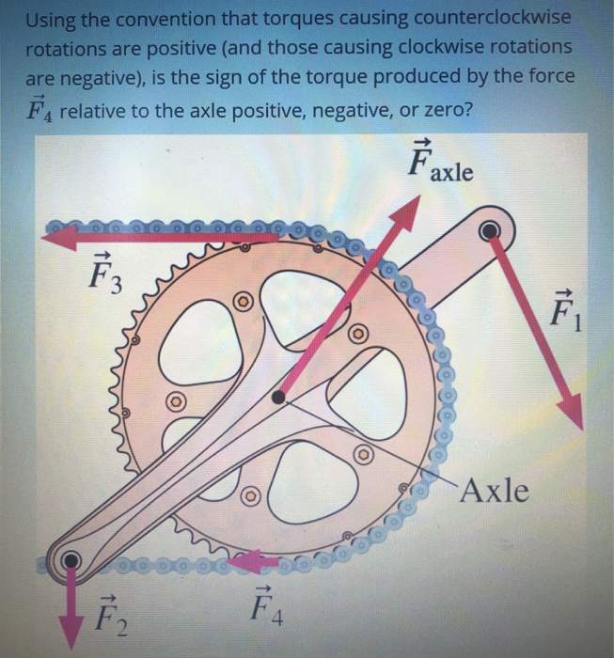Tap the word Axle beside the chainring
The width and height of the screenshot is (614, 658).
[x=496, y=490]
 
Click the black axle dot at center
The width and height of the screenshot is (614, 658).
[x=277, y=398]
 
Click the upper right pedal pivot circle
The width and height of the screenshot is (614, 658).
[x=490, y=229]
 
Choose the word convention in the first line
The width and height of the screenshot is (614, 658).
[x=166, y=19]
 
